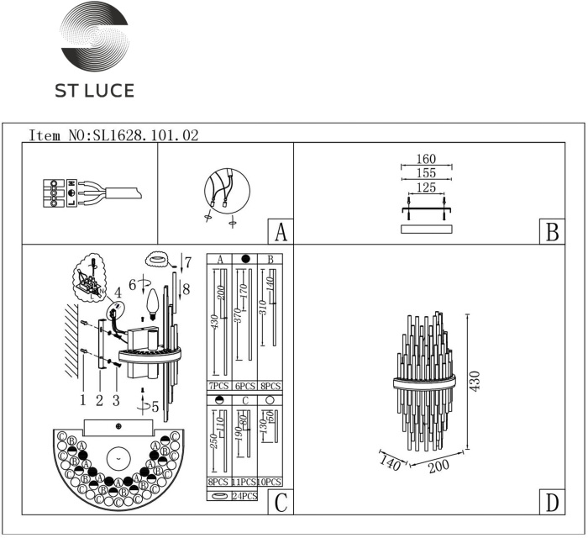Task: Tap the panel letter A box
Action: pos(280,232)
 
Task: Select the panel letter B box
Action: pos(551,232)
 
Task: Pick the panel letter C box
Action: pos(280,502)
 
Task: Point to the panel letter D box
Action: pos(551,502)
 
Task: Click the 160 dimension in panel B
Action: pos(426,159)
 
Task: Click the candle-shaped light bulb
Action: pos(152,302)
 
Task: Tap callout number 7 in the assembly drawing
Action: pos(188,261)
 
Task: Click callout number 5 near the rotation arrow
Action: pos(153,406)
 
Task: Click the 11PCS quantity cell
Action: pos(244,483)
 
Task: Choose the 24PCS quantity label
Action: pos(244,497)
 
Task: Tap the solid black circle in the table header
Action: pos(245,258)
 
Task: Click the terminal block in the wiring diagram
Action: pos(55,193)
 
